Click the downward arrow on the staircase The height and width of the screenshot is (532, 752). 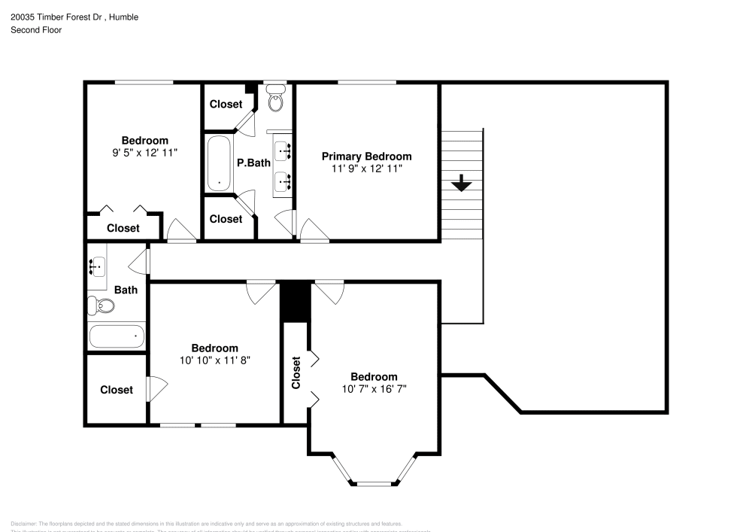pyautogui.click(x=461, y=183)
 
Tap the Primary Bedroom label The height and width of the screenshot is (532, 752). pyautogui.click(x=366, y=157)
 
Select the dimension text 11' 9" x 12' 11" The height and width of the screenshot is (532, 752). pyautogui.click(x=366, y=169)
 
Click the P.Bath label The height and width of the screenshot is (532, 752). pyautogui.click(x=253, y=163)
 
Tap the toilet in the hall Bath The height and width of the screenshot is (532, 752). pyautogui.click(x=101, y=306)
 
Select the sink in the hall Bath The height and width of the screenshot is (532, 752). pyautogui.click(x=97, y=266)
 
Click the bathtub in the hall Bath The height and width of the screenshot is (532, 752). pyautogui.click(x=117, y=336)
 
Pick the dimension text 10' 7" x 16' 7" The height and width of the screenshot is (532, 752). pyautogui.click(x=374, y=389)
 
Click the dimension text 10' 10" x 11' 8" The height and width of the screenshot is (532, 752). pyautogui.click(x=214, y=360)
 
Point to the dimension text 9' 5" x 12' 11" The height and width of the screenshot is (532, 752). pyautogui.click(x=144, y=152)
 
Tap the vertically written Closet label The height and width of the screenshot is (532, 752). pyautogui.click(x=296, y=372)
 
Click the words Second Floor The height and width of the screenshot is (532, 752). pyautogui.click(x=36, y=30)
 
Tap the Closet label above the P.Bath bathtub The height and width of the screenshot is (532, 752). pyautogui.click(x=226, y=105)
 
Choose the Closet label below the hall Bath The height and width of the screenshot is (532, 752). pyautogui.click(x=117, y=390)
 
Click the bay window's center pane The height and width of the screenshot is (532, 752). pyautogui.click(x=373, y=482)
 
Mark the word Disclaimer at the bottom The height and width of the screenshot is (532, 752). pyautogui.click(x=24, y=524)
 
